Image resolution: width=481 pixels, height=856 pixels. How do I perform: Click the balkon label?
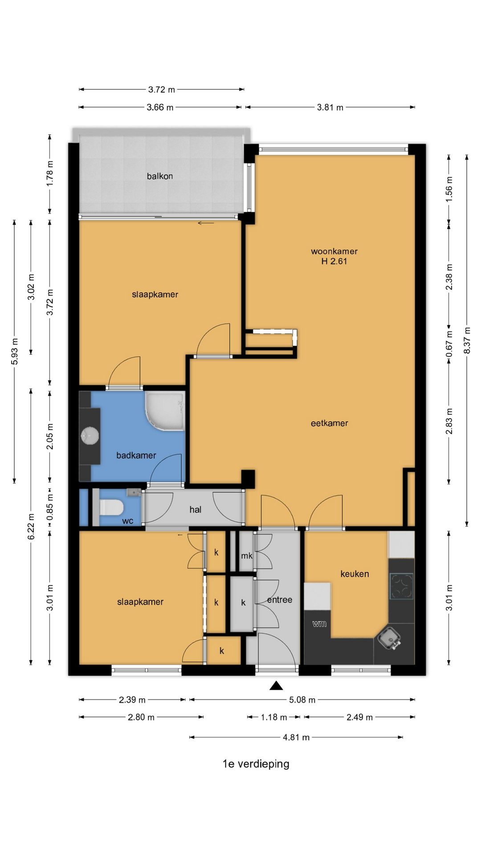(160, 176)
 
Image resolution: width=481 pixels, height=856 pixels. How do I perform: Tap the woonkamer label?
(334, 251)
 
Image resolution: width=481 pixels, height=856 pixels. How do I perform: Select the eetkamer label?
(329, 423)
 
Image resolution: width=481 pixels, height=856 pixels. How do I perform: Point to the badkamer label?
(136, 455)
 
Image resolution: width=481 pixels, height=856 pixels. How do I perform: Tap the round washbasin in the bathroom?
(90, 436)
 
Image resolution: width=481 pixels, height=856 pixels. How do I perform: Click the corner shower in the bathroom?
(164, 412)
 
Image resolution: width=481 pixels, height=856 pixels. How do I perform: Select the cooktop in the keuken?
(402, 586)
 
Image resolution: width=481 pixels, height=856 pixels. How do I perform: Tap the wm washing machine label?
(319, 624)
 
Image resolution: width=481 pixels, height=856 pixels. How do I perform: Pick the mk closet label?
(247, 556)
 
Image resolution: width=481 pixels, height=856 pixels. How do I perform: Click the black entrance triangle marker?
(276, 686)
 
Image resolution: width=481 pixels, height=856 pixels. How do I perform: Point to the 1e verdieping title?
(256, 764)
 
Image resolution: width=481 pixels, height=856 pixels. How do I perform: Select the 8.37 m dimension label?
(467, 341)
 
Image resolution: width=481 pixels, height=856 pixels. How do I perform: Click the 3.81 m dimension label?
(330, 107)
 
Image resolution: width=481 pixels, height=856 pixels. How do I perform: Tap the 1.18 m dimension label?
(274, 717)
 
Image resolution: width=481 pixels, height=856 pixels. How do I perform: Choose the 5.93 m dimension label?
(15, 351)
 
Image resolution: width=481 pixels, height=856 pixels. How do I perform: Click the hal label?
(196, 510)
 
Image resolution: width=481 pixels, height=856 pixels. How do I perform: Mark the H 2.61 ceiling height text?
(334, 261)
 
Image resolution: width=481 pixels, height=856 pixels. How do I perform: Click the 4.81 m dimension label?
(296, 737)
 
